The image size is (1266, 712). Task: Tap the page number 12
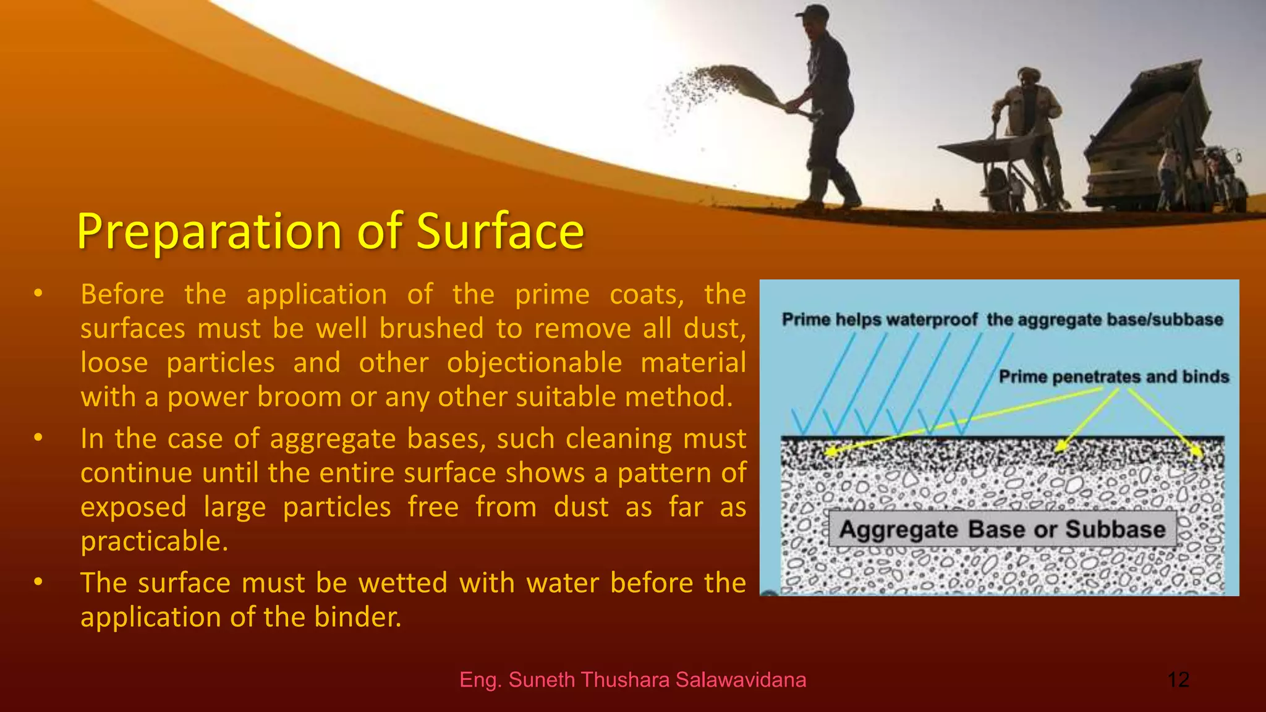1178,680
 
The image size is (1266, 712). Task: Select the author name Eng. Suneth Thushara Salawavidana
632,680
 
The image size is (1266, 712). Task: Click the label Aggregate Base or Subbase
1002,529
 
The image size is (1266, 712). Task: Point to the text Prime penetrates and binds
1113,376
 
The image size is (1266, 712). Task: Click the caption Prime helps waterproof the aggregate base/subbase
1002,320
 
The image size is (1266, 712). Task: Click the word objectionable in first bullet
534,363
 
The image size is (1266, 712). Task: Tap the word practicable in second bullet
154,541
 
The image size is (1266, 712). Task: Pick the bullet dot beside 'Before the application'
38,294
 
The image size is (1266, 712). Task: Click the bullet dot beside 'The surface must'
38,582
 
